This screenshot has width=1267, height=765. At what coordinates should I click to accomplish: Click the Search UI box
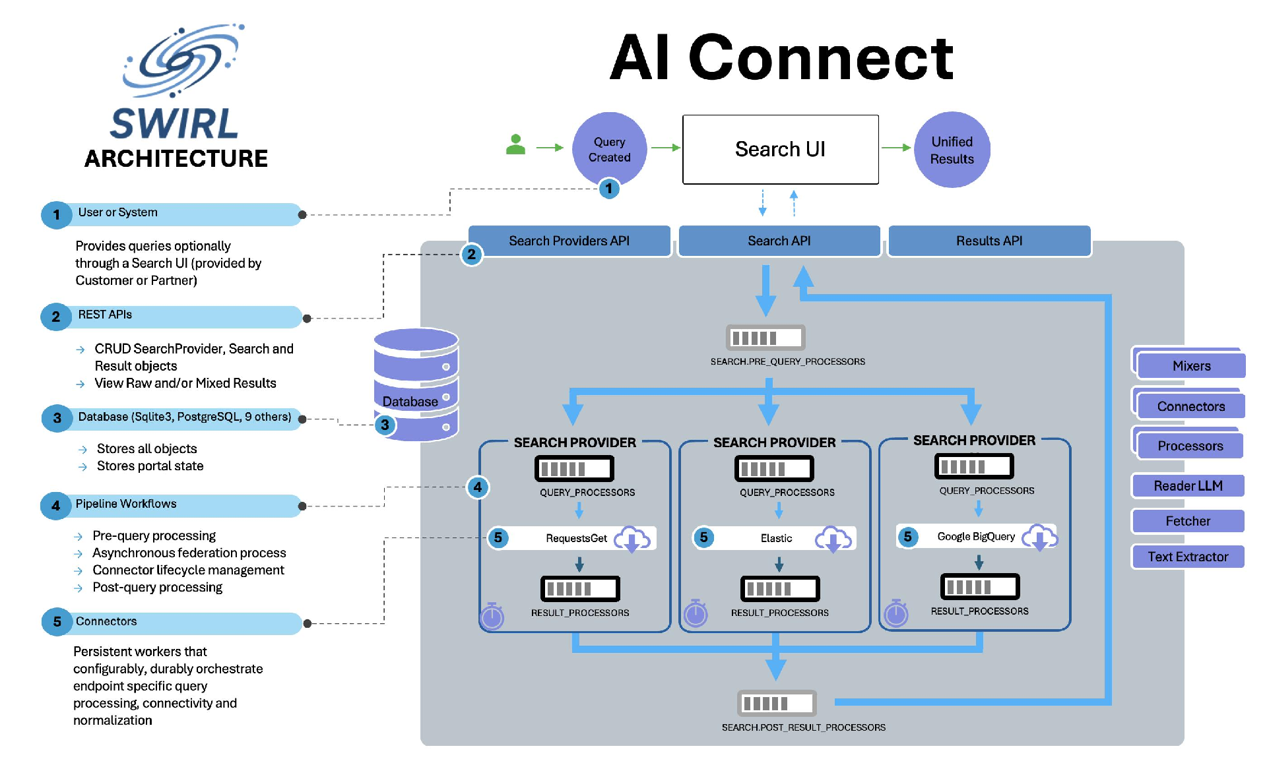click(x=780, y=150)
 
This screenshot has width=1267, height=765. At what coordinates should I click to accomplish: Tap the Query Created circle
click(x=609, y=149)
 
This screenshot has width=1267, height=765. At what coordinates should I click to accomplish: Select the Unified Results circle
click(x=952, y=150)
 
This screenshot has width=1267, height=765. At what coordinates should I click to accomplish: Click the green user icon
click(x=515, y=144)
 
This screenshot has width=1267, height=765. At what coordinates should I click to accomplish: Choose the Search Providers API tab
click(x=569, y=241)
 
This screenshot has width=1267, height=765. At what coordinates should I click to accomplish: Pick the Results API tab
click(x=989, y=241)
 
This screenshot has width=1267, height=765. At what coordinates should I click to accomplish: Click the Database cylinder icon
click(x=416, y=384)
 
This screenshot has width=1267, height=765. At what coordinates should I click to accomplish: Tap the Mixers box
click(x=1191, y=366)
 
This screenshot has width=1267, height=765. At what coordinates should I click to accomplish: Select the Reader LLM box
click(x=1188, y=486)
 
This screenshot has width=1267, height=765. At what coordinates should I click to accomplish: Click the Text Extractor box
click(x=1188, y=557)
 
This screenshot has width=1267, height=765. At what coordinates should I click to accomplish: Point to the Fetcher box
click(x=1188, y=521)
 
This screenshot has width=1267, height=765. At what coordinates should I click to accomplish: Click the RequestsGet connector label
click(x=576, y=538)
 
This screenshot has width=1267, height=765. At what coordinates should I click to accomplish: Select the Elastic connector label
click(x=776, y=538)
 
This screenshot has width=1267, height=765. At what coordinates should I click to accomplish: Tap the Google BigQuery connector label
click(x=976, y=536)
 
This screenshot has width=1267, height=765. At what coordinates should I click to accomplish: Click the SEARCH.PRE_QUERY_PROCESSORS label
click(x=787, y=361)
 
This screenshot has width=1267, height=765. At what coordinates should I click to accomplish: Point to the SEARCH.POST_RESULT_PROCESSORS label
click(x=803, y=727)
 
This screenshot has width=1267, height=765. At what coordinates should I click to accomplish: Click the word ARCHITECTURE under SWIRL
click(x=176, y=159)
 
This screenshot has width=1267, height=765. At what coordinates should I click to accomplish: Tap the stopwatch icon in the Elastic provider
click(x=696, y=613)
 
